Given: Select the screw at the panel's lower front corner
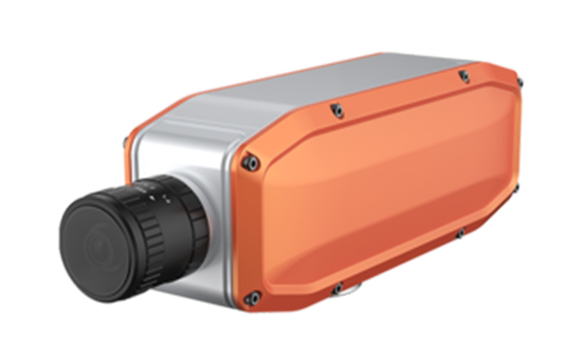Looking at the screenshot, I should [252, 298].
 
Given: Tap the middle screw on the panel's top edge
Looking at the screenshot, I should [336, 112].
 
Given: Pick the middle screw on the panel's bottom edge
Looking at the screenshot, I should [338, 288].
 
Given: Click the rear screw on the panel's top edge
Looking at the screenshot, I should [463, 75].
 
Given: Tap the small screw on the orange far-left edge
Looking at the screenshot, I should [126, 144].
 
